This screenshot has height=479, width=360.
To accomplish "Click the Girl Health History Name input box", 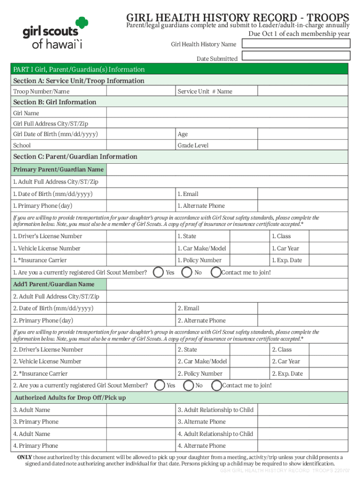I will (x=297, y=44).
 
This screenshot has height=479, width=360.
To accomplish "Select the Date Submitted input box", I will (x=297, y=56).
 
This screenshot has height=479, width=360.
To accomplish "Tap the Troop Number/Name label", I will (x=41, y=92).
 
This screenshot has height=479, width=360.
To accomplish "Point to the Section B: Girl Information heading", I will (x=55, y=102).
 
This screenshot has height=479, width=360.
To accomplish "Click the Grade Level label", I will (x=193, y=145).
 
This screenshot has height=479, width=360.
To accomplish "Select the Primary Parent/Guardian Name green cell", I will (x=58, y=169).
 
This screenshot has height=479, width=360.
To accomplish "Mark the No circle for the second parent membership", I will (x=188, y=385).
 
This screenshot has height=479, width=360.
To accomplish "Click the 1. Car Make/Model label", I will (x=202, y=248).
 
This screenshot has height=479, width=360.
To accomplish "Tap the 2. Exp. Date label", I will (x=288, y=373).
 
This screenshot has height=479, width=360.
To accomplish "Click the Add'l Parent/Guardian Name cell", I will (x=54, y=284).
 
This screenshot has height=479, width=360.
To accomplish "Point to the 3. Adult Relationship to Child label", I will (x=216, y=410).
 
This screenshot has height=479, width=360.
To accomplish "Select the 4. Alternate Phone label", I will (x=202, y=446).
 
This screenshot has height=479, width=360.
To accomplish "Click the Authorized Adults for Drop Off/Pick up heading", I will (x=70, y=398).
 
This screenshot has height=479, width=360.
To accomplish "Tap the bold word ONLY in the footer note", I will (x=24, y=457).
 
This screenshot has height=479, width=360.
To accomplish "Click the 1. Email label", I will (x=188, y=194).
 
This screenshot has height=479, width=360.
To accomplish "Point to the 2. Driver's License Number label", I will (x=48, y=349).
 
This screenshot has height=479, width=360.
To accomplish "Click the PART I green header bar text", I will (x=79, y=69).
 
